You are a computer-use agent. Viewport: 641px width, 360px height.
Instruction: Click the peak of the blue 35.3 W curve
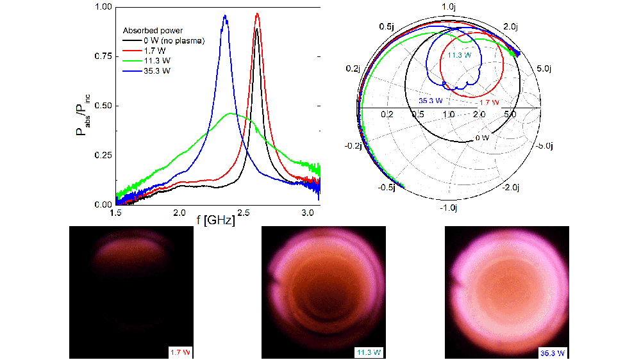(x=224, y=16)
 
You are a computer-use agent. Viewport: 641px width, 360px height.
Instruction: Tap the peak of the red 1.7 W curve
(x=257, y=13)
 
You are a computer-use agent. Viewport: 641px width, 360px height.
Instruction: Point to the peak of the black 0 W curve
(x=256, y=29)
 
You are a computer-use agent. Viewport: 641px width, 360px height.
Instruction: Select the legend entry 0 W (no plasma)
(x=163, y=41)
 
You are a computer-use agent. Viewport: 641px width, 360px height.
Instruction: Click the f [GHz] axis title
(x=215, y=221)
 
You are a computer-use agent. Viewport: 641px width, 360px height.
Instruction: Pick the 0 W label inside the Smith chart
(x=482, y=137)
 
